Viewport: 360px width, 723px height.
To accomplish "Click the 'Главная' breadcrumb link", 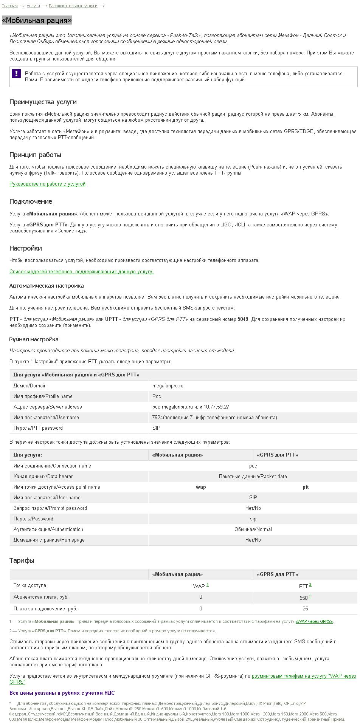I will pyautogui.click(x=9, y=6).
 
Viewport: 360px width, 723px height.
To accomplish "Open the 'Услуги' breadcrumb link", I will pyautogui.click(x=33, y=6).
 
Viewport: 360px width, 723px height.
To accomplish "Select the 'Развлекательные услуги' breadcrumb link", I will pyautogui.click(x=73, y=6).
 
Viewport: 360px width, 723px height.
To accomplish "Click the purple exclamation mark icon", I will pyautogui.click(x=16, y=73).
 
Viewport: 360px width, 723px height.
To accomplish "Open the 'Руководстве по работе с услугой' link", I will pyautogui.click(x=47, y=184).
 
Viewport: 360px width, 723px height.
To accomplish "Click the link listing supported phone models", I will pyautogui.click(x=81, y=272).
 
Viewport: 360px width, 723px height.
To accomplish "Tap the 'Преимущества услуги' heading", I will pyautogui.click(x=43, y=102).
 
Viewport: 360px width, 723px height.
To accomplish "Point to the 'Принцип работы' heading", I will pyautogui.click(x=35, y=155).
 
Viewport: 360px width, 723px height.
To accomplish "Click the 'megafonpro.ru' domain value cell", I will pyautogui.click(x=168, y=386).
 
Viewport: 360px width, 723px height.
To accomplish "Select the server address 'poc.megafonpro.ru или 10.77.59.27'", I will pyautogui.click(x=191, y=407).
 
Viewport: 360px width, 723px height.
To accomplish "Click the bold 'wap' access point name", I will pyautogui.click(x=201, y=487).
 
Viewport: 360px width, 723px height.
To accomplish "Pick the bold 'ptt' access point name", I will pyautogui.click(x=306, y=487).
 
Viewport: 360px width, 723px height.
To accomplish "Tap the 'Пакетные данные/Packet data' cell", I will pyautogui.click(x=253, y=477).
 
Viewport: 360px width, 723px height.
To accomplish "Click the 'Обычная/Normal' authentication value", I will pyautogui.click(x=253, y=529).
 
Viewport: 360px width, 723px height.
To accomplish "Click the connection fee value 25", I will pyautogui.click(x=305, y=609).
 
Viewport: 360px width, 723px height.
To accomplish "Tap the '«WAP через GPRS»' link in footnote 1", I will pyautogui.click(x=314, y=621).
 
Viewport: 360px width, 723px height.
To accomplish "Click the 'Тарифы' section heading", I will pyautogui.click(x=22, y=560).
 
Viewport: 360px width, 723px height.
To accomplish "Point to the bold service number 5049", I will pyautogui.click(x=243, y=319).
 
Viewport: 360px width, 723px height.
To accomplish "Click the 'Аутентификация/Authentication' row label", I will pyautogui.click(x=48, y=529).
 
